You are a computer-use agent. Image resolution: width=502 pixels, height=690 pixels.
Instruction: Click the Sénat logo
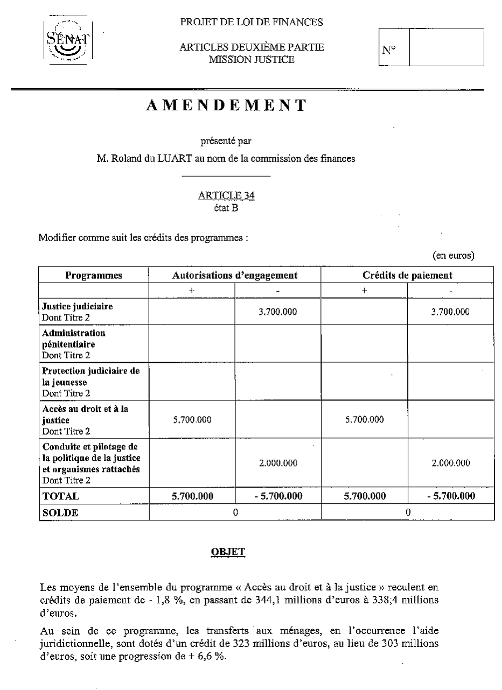pos(67,39)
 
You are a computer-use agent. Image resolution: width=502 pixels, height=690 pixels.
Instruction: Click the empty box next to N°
pos(446,48)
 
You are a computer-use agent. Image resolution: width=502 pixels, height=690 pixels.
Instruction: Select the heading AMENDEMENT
pos(226,105)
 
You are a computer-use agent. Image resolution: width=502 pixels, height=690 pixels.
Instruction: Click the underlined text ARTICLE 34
pos(226,196)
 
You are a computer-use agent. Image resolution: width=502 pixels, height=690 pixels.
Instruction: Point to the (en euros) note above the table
pos(454,256)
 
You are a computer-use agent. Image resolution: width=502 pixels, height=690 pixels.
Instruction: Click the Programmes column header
pos(94,276)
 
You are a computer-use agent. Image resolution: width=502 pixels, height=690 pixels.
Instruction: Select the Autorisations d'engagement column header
pos(235,276)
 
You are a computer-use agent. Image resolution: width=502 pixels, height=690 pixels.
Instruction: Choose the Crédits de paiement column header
pos(407,276)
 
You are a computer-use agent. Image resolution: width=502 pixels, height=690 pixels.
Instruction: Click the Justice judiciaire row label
pos(78,307)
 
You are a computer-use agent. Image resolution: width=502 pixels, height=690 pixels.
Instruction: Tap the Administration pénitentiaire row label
pos(74,338)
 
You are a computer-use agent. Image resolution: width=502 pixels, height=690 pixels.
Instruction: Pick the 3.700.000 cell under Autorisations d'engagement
pos(278,312)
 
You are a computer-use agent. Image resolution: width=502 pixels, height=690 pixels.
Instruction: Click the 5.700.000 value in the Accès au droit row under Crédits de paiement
pos(365,420)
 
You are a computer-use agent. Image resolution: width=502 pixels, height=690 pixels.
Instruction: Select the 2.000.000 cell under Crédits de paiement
pos(451,463)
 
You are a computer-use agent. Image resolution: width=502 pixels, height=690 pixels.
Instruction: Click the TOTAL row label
pos(61,496)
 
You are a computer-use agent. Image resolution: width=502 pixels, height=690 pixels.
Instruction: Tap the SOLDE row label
pos(60,513)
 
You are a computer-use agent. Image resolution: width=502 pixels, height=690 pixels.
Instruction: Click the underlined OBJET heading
pos(226,552)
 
